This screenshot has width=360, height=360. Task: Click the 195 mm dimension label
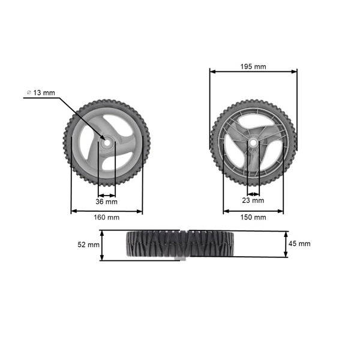click(x=253, y=66)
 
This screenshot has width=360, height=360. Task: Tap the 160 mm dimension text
click(x=107, y=217)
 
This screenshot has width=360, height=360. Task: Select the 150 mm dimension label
click(x=253, y=217)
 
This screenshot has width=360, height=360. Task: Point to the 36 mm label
click(x=107, y=202)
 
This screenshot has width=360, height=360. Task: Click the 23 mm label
click(x=253, y=200)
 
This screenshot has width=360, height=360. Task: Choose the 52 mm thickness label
click(x=89, y=245)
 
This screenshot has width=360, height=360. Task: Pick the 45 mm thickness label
click(x=300, y=244)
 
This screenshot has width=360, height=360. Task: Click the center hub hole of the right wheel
click(x=253, y=143)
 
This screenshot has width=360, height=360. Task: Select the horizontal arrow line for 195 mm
click(x=253, y=72)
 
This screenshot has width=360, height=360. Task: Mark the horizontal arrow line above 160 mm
click(x=107, y=211)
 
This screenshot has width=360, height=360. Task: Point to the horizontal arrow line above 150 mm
click(x=253, y=211)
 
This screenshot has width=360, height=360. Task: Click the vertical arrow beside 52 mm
click(x=102, y=245)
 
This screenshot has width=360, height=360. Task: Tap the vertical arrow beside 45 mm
click(x=285, y=244)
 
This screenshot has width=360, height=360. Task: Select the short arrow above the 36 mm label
click(x=107, y=195)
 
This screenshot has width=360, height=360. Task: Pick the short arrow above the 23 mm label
click(x=253, y=194)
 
